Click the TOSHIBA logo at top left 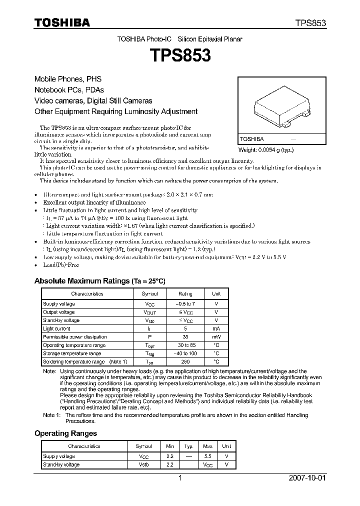62,22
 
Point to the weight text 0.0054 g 265,150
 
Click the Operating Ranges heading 65,433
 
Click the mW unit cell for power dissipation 216,337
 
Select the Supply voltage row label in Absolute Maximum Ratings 59,304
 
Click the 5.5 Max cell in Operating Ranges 208,456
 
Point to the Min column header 169,446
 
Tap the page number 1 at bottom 180,478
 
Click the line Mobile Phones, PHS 67,79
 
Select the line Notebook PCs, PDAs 69,90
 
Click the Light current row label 56,328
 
